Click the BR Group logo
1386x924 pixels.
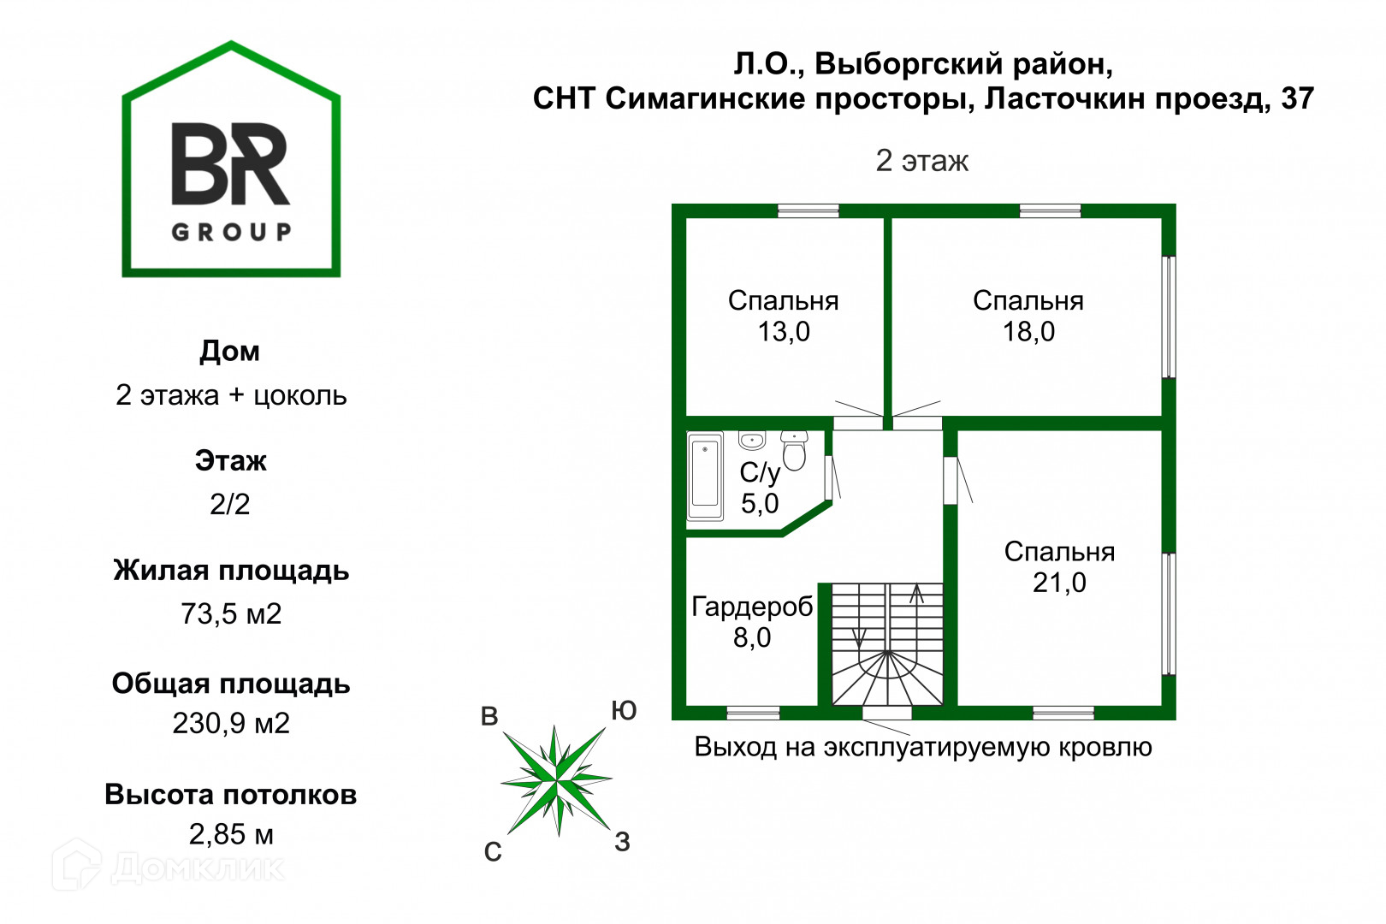231,163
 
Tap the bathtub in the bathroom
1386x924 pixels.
705,476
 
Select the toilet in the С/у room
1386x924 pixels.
795,451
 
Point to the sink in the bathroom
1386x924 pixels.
752,441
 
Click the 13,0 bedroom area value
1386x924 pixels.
784,332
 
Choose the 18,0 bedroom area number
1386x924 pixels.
1028,332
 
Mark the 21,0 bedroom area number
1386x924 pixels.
1059,583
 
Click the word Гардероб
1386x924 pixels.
752,607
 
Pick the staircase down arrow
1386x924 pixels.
859,637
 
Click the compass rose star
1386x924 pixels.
556,779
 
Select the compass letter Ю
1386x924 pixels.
624,711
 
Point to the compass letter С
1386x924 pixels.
493,852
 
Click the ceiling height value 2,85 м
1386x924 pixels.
231,834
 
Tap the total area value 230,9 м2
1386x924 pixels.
231,724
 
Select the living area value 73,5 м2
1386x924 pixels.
231,614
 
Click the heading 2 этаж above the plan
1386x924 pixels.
922,161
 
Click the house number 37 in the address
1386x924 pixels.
1297,99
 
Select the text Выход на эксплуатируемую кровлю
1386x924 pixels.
922,747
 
